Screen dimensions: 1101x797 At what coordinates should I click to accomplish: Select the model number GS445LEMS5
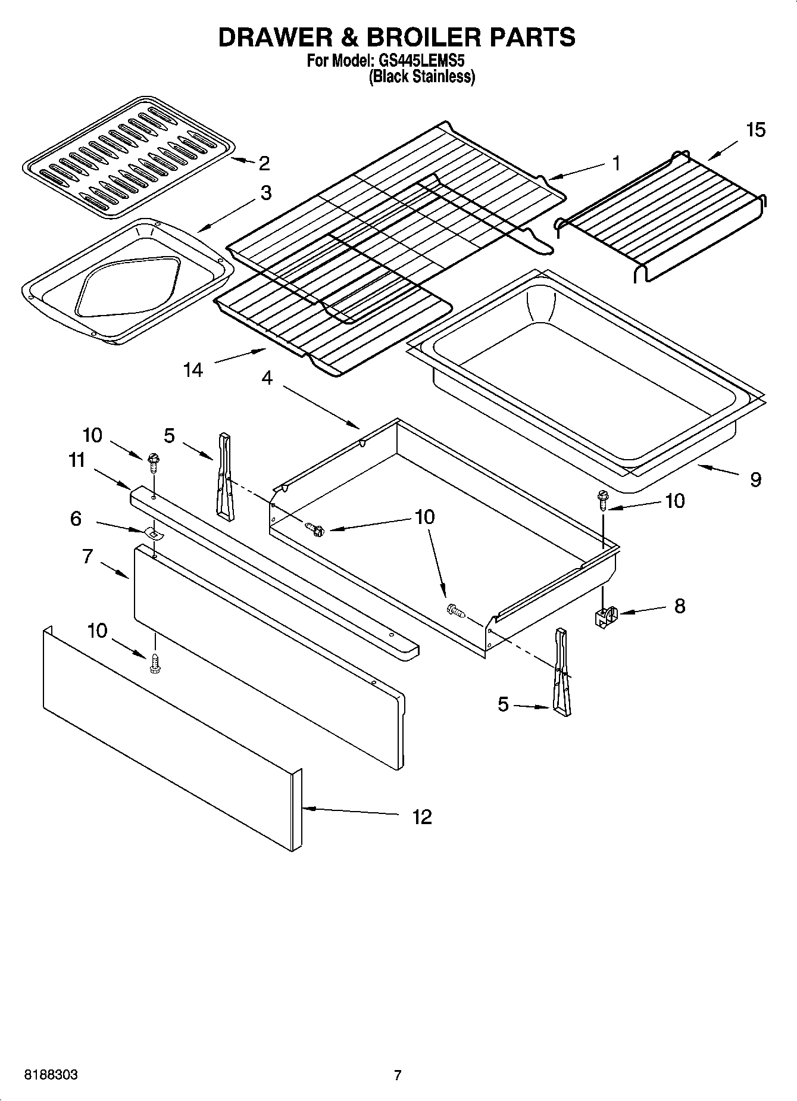pyautogui.click(x=417, y=61)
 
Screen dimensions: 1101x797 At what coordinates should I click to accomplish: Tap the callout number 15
pyautogui.click(x=755, y=130)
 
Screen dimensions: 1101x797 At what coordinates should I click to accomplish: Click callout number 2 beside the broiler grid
pyautogui.click(x=264, y=163)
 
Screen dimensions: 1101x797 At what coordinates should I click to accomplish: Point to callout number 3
pyautogui.click(x=265, y=192)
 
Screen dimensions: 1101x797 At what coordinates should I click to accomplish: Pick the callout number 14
pyautogui.click(x=193, y=370)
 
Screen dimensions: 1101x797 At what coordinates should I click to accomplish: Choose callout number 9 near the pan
pyautogui.click(x=755, y=479)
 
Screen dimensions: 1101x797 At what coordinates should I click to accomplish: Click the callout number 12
pyautogui.click(x=421, y=816)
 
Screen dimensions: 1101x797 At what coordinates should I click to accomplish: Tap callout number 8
pyautogui.click(x=679, y=606)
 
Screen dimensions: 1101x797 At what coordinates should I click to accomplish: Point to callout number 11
pyautogui.click(x=76, y=460)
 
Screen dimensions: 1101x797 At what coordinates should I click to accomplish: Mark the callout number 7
pyautogui.click(x=87, y=557)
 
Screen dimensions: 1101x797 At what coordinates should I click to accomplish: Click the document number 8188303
pyautogui.click(x=51, y=1075)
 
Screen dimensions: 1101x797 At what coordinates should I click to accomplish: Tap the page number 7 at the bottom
pyautogui.click(x=398, y=1075)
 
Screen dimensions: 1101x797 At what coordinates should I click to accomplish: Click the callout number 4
pyautogui.click(x=267, y=378)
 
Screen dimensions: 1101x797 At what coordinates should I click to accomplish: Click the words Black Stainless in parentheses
pyautogui.click(x=422, y=77)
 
